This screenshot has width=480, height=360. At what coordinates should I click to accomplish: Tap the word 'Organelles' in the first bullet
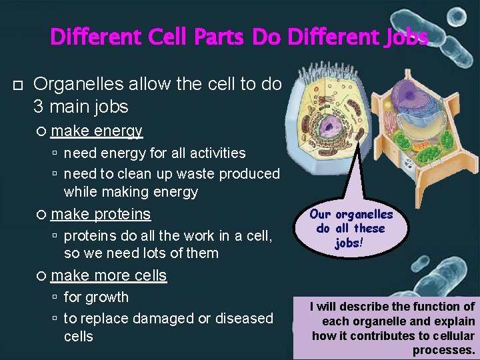pos(71,84)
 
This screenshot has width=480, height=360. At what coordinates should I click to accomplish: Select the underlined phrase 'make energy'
pos(97,131)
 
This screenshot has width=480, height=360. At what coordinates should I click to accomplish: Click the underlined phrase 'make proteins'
pos(101,214)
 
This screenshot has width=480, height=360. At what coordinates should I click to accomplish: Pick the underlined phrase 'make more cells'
pos(109,275)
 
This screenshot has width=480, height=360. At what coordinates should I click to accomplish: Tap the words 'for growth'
pos(96,297)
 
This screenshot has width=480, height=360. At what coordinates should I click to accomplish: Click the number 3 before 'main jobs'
pos(39,106)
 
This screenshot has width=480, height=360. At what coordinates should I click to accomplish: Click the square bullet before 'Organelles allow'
pos(18,85)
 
